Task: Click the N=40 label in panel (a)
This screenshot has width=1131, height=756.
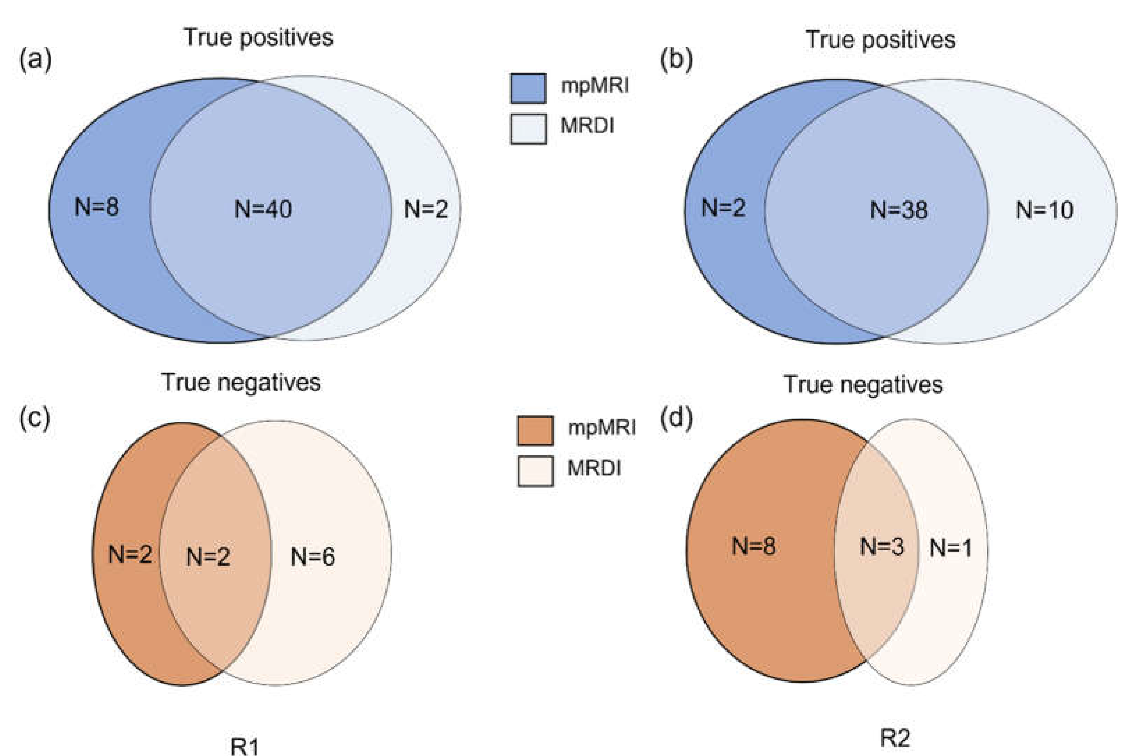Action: (263, 209)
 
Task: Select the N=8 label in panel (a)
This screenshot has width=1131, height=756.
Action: (96, 207)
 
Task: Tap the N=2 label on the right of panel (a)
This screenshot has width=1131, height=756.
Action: (426, 209)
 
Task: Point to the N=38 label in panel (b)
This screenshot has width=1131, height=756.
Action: (899, 210)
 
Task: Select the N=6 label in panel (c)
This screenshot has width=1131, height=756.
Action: (313, 557)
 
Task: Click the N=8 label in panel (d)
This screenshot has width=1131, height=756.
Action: (754, 546)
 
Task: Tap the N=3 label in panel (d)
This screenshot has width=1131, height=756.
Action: (882, 547)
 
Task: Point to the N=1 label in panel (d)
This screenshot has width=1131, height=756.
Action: (950, 548)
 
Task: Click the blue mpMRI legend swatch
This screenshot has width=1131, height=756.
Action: (528, 88)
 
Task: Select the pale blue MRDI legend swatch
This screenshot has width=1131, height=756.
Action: (528, 129)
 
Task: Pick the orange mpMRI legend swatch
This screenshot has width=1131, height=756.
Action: (535, 430)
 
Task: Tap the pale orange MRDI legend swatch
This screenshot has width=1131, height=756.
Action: (535, 471)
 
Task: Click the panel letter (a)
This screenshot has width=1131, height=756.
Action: (35, 60)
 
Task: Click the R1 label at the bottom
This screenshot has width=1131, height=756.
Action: (245, 746)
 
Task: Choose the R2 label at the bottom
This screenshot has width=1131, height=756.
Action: (895, 738)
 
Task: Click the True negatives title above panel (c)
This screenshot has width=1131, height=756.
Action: (241, 382)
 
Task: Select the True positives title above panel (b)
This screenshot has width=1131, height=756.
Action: (881, 40)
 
